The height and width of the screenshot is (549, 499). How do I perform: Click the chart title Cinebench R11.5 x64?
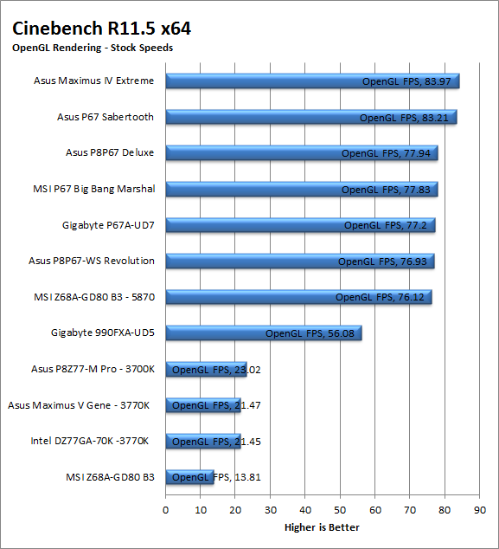click(x=101, y=29)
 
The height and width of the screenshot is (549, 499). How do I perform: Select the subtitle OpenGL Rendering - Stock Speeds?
click(x=93, y=48)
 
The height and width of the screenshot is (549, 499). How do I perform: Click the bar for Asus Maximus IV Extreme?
click(x=312, y=81)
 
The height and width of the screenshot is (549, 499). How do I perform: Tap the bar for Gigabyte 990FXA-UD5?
click(x=264, y=333)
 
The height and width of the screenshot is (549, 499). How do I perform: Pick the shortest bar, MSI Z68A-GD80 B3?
click(x=190, y=477)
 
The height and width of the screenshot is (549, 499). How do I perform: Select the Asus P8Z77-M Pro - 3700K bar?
click(x=207, y=370)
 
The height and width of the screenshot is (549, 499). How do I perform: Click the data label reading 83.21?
click(x=404, y=118)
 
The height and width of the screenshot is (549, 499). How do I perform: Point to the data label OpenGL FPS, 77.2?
click(x=386, y=225)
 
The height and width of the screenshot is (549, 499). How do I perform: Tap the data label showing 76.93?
click(x=382, y=262)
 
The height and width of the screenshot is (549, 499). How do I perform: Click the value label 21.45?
click(x=216, y=442)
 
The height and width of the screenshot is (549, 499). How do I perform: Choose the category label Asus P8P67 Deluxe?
click(x=110, y=152)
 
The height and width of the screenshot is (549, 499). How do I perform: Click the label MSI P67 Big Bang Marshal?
click(x=93, y=189)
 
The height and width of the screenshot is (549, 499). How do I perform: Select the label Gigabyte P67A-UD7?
click(x=108, y=225)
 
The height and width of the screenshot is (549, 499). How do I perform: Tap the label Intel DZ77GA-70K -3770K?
click(x=90, y=441)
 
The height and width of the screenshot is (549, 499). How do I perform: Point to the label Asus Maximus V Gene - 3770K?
click(x=79, y=405)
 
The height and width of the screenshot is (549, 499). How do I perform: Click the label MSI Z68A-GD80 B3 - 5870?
click(x=94, y=297)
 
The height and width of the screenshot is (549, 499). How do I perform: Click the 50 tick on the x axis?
click(x=340, y=510)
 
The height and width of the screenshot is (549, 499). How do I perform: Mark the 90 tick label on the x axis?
click(x=480, y=510)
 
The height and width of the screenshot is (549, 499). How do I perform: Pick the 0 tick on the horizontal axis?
click(x=166, y=510)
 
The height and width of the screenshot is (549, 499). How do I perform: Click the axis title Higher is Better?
click(x=322, y=527)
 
